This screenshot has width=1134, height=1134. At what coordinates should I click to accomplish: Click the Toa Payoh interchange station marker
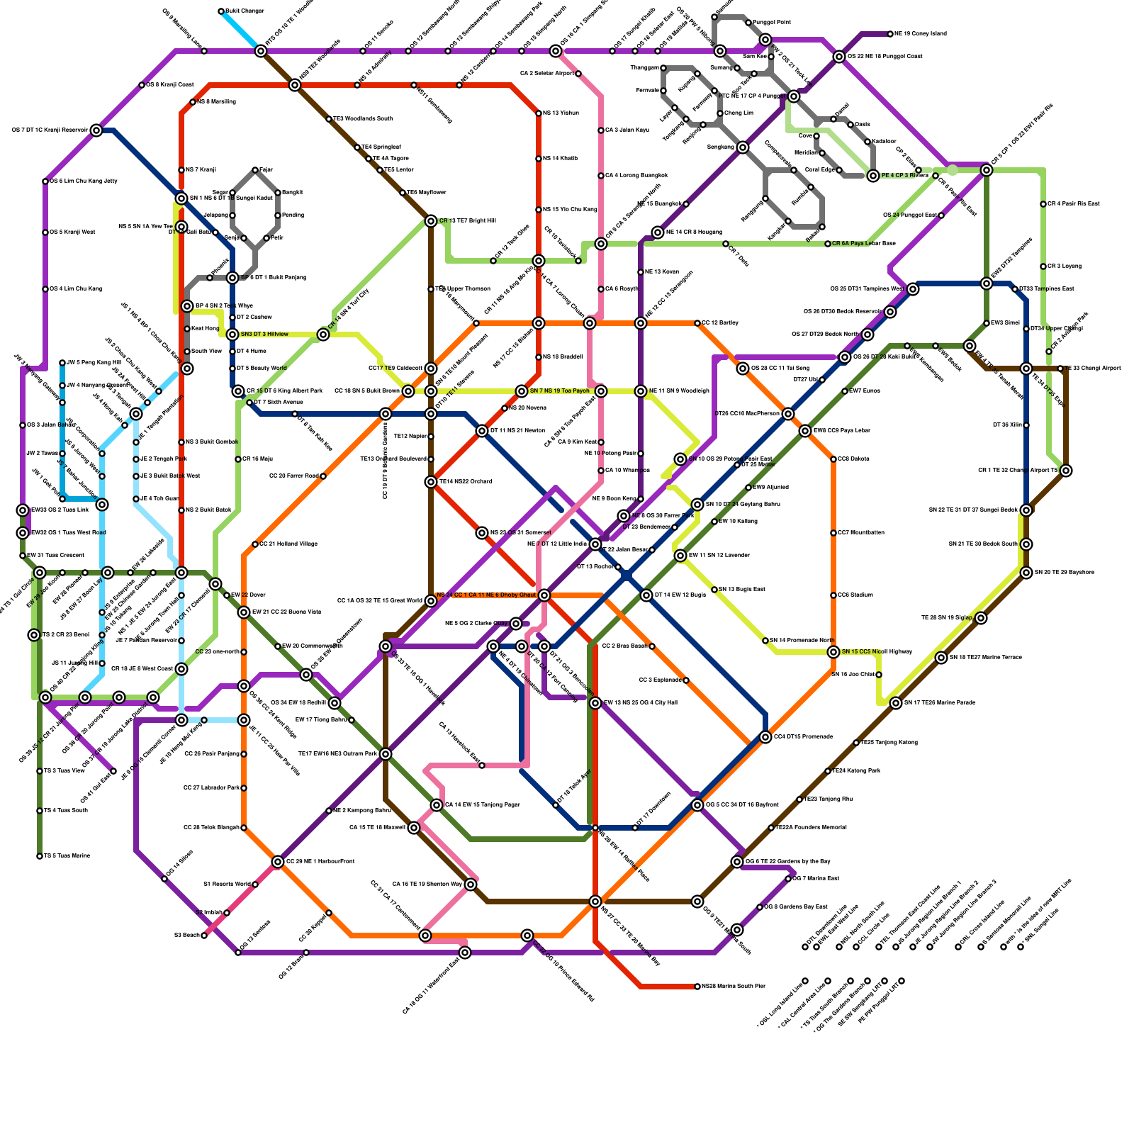click(522, 391)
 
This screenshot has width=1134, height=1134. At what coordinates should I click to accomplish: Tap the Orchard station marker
click(431, 482)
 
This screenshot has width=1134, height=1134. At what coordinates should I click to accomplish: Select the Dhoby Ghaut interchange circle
click(544, 595)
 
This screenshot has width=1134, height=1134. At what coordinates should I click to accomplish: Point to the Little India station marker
click(595, 544)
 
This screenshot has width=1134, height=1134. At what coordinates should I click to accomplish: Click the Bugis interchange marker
click(646, 595)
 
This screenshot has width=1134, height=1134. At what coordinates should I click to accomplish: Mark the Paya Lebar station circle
click(805, 431)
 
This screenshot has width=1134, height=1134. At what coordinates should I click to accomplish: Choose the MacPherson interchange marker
click(788, 414)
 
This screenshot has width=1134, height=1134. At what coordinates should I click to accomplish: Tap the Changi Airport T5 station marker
click(1066, 471)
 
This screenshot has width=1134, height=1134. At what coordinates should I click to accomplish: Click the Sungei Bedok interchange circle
click(1026, 510)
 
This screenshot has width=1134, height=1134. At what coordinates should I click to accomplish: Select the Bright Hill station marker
click(431, 221)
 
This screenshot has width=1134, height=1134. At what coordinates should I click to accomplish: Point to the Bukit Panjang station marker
click(232, 278)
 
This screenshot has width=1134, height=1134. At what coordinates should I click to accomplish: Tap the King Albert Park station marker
click(238, 391)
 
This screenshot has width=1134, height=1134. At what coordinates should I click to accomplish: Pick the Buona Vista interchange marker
click(244, 612)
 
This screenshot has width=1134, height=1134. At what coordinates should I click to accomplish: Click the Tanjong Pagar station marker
click(437, 805)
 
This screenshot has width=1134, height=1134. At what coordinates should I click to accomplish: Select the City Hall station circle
click(595, 703)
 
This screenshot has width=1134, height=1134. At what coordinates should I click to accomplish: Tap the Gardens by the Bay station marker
click(737, 862)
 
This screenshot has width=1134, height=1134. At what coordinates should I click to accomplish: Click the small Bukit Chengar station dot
click(221, 11)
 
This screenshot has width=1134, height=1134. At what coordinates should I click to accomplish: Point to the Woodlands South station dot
click(329, 119)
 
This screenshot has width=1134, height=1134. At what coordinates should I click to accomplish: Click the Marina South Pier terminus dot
click(697, 987)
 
